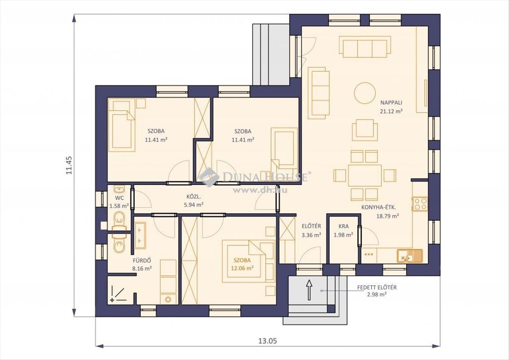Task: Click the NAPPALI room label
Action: coord(391,103)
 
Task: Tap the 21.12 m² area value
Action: coord(391,111)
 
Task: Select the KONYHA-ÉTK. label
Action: coord(379,208)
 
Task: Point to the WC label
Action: coord(119,198)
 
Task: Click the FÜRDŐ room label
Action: coord(142,260)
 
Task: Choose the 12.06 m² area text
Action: coord(242,268)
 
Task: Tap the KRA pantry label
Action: coord(344,226)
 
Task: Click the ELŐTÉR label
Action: coord(311,226)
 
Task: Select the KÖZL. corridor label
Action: coord(193,197)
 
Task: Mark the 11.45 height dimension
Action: coord(69,165)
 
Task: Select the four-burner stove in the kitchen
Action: coord(420,204)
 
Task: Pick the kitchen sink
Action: coord(410,256)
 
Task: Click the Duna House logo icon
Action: coord(209,177)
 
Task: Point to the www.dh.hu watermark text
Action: coord(260,190)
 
